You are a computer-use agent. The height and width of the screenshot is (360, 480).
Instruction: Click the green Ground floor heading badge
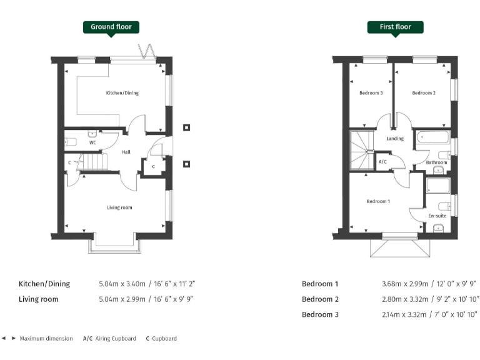point(111,27)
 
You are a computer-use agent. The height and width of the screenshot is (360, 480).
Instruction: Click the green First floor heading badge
point(395,27)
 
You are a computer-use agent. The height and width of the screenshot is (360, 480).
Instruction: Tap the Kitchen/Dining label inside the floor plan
point(122,93)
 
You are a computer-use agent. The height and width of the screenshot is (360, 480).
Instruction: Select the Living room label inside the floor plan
point(119,207)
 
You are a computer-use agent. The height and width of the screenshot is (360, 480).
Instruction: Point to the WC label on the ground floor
point(92,142)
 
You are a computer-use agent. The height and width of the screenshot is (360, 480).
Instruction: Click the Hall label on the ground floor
point(126,152)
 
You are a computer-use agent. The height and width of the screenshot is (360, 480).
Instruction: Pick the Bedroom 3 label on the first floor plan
point(371,93)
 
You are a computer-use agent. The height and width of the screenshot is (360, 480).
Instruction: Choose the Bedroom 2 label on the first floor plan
point(424,93)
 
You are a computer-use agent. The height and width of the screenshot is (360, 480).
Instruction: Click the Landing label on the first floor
point(395,139)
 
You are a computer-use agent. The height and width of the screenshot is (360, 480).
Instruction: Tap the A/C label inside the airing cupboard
point(382,162)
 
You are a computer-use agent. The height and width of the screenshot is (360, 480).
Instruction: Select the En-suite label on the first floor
point(436,216)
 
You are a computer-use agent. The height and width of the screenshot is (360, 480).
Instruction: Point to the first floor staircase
point(361,149)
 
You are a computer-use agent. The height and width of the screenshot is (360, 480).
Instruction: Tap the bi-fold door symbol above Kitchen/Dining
point(147,51)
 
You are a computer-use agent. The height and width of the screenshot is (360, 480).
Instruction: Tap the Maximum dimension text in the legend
point(46,339)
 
